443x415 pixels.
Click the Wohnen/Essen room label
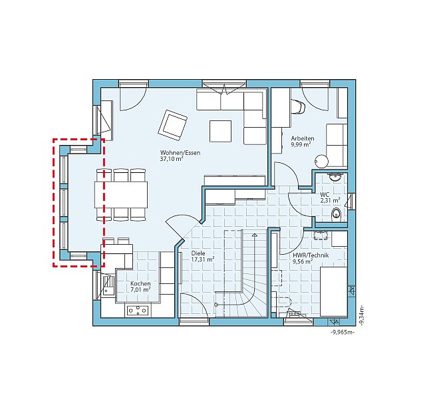tap(180, 153)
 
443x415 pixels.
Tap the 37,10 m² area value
tap(172, 159)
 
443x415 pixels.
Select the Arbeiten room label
tap(303, 138)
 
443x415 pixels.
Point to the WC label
tap(325, 195)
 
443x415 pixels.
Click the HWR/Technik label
tap(311, 255)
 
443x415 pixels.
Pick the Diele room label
tap(198, 253)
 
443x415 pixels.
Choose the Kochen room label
tap(140, 283)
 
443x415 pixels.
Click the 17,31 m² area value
tap(203, 259)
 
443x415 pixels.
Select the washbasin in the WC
tap(335, 177)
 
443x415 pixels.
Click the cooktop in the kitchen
tap(138, 311)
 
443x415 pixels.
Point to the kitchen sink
tap(108, 285)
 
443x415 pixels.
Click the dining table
tap(121, 195)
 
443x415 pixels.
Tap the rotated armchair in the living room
tap(173, 125)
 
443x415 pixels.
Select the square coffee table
tap(220, 131)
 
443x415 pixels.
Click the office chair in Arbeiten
tap(299, 107)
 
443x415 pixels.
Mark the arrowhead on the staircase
tap(255, 235)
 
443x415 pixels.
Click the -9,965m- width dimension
tap(343, 333)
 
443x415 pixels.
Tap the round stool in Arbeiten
tap(321, 162)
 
